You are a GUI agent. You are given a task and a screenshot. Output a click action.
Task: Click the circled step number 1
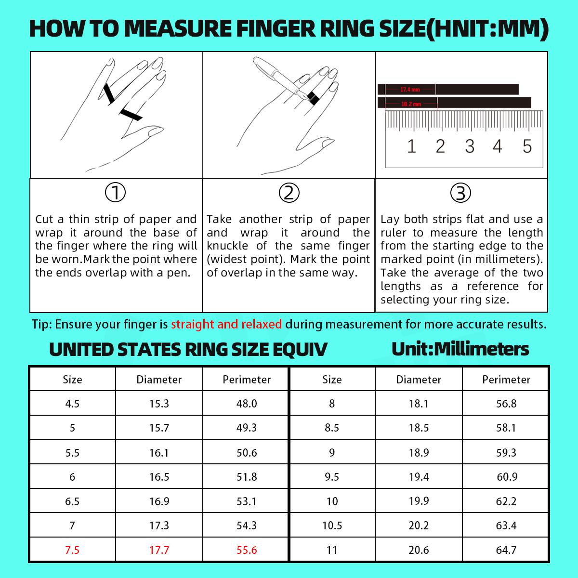coord(115,193)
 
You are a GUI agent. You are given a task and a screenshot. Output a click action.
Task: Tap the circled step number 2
coord(289,193)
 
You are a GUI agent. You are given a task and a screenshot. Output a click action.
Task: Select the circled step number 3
coord(460,193)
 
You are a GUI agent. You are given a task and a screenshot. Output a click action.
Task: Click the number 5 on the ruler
coord(527,146)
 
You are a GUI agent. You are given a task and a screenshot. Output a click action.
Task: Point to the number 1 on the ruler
coord(411,146)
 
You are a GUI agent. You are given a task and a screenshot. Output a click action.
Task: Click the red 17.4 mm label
coord(410,90)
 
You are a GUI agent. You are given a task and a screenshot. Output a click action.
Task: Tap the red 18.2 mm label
coord(411,104)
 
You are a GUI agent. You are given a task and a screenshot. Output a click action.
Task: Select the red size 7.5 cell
coord(72,550)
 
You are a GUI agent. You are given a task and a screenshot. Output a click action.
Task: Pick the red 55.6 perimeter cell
coord(247,550)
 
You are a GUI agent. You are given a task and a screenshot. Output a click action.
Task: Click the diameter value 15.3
coord(159,404)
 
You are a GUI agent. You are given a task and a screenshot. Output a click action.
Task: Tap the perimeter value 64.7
coord(506,550)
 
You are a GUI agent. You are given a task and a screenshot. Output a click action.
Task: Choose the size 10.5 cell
coord(332,525)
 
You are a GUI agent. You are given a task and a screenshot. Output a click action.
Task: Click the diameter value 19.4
coord(419,477)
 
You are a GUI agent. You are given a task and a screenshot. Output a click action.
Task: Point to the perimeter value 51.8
coord(247,477)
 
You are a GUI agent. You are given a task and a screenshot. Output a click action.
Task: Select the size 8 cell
coord(332,404)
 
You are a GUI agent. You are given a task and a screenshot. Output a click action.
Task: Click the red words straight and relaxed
coord(226,324)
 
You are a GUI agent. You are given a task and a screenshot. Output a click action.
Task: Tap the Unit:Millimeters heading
coord(460,349)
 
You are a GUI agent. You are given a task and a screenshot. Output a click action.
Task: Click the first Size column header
coord(72,380)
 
